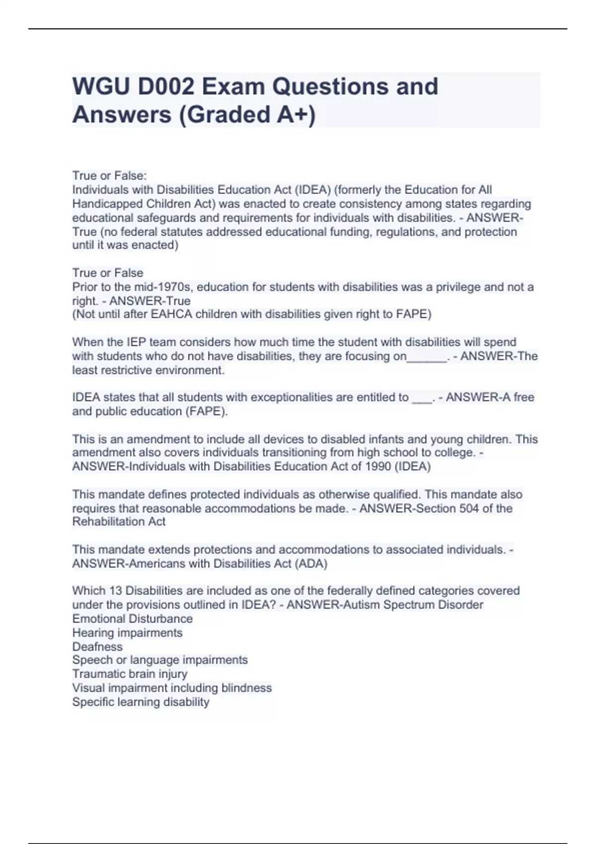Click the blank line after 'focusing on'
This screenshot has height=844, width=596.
point(427,356)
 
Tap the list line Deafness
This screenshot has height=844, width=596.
point(97,646)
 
